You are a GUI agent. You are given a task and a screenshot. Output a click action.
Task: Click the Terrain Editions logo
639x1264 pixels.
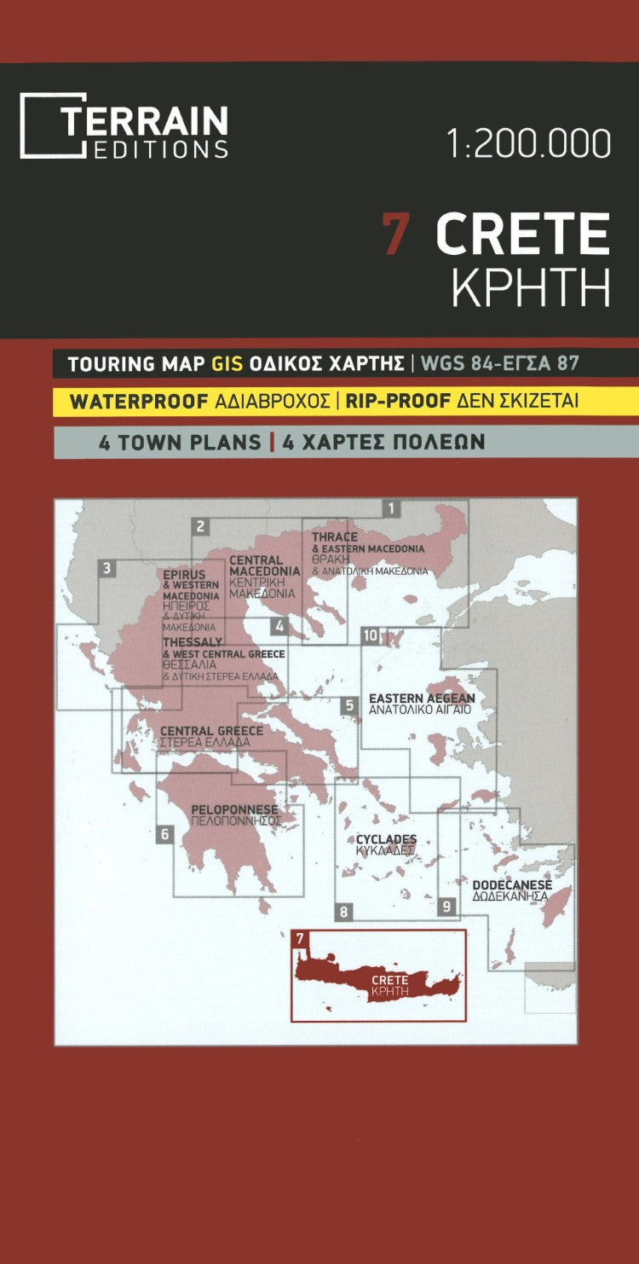pyautogui.click(x=124, y=126)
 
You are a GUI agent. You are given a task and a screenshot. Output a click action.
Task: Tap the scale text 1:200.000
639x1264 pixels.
pyautogui.click(x=528, y=143)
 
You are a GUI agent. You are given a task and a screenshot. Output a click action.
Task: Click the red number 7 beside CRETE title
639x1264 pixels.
pyautogui.click(x=394, y=234)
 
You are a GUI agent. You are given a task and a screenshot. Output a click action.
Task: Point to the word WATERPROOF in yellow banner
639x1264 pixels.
pyautogui.click(x=139, y=402)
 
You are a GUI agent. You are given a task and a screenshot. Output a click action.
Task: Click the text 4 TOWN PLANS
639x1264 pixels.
pyautogui.click(x=180, y=443)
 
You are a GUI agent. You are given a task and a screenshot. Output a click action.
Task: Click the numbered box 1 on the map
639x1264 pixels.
pyautogui.click(x=391, y=509)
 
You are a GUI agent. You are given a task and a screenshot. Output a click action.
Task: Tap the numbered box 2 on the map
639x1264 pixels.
pyautogui.click(x=201, y=526)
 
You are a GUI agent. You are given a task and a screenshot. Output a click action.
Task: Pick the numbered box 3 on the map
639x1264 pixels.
pyautogui.click(x=106, y=569)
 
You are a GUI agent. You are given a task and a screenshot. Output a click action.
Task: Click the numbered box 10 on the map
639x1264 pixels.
pyautogui.click(x=370, y=635)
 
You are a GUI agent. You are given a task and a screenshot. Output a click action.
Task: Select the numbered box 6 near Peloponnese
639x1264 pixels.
pyautogui.click(x=164, y=834)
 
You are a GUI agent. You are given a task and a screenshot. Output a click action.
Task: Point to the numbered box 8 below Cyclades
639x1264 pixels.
pyautogui.click(x=343, y=912)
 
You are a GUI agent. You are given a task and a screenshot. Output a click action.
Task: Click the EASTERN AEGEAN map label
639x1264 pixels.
pyautogui.click(x=421, y=699)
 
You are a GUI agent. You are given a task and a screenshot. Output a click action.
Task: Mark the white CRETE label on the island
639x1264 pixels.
pyautogui.click(x=390, y=980)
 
